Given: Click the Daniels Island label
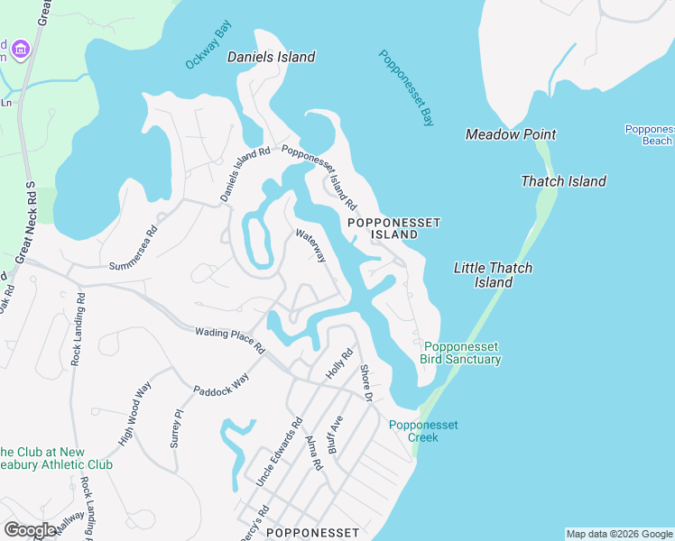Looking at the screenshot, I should click(271, 57).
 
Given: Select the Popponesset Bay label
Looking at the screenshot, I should click(406, 87).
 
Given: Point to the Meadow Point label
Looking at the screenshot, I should click(510, 134).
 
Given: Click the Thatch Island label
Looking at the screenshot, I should click(563, 181).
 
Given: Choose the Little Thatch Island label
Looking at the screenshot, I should click(493, 275).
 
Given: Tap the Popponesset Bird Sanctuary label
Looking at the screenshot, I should click(460, 353).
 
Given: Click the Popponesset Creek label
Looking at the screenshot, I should click(413, 431).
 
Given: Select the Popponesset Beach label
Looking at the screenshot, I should click(650, 134).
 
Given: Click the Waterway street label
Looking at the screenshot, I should click(310, 246).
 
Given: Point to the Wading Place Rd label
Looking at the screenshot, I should click(229, 340).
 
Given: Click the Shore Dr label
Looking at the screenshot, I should click(366, 382).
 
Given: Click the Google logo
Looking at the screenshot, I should click(30, 530).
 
